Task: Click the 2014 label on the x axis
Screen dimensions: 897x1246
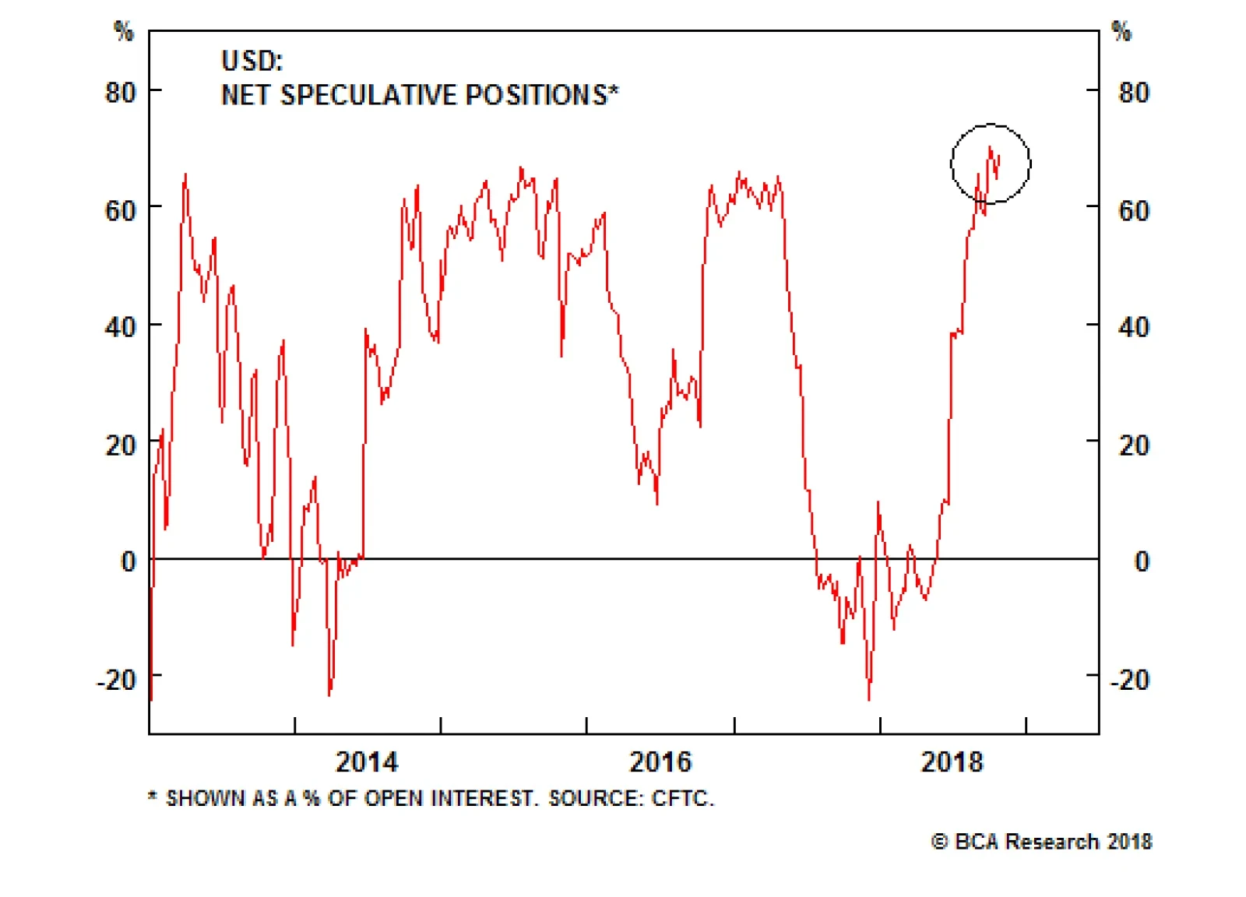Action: [x=366, y=761]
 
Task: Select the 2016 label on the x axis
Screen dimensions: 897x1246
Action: [x=660, y=761]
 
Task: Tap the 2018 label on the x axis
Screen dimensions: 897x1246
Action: [x=952, y=761]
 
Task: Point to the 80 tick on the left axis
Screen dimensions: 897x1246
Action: [x=121, y=93]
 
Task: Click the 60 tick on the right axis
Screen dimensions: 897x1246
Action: [x=1133, y=210]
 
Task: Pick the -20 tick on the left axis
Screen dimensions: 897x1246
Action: [x=117, y=680]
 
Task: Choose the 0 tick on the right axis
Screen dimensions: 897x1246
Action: [x=1141, y=561]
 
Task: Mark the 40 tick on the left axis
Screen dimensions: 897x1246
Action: [x=121, y=327]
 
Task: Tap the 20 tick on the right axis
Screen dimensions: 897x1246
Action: [x=1133, y=445]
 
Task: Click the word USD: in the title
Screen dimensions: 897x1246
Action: [x=252, y=61]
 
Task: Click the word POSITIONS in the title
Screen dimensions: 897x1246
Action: [x=536, y=95]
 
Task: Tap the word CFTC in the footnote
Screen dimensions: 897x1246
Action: [x=681, y=798]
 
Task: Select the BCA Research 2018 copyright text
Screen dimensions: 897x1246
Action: [x=1042, y=842]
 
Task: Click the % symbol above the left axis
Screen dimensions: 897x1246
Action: [x=124, y=31]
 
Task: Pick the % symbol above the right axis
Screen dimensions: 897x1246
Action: [x=1121, y=31]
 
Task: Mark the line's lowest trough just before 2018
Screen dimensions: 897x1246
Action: [x=869, y=698]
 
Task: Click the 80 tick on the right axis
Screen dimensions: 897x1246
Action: [x=1133, y=93]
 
